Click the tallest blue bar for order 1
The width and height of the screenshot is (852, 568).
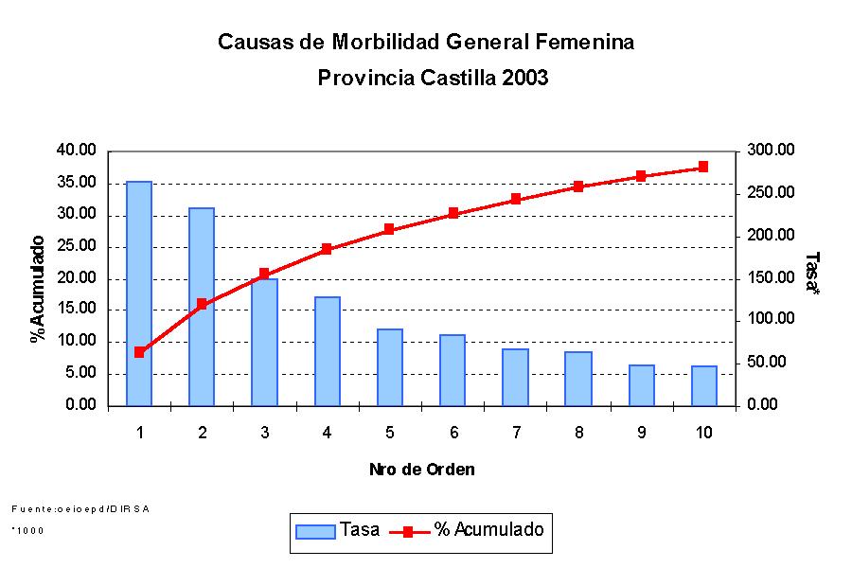[139, 293]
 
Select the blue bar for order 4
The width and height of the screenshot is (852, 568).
[328, 351]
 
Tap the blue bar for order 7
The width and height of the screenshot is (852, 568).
[516, 377]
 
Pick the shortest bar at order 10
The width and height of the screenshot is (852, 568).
[704, 385]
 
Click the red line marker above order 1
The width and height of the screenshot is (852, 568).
[139, 352]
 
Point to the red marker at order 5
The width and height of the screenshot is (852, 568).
[389, 229]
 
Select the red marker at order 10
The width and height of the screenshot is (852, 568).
[703, 167]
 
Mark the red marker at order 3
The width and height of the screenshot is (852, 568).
[264, 274]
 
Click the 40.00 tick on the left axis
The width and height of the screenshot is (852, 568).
[77, 151]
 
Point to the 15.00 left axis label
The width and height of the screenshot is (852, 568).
[77, 310]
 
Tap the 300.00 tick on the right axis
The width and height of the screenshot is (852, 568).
[769, 151]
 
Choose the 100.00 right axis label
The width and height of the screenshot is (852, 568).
[769, 320]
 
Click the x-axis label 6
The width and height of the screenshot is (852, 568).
[453, 433]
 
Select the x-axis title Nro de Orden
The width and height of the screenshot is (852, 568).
[422, 470]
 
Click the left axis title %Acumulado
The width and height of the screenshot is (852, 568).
[38, 288]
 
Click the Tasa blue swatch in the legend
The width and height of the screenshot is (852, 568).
[315, 531]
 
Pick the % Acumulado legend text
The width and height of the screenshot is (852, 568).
[488, 530]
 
